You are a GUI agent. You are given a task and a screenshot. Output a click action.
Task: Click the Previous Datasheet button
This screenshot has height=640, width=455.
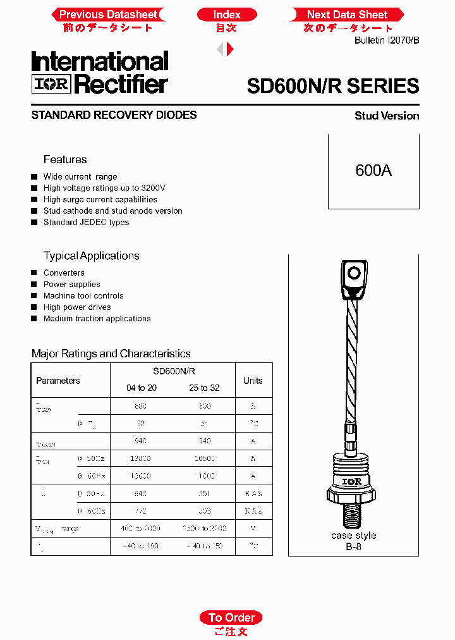coord(108,15)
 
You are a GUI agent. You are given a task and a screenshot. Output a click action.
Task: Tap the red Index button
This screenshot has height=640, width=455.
coord(227,15)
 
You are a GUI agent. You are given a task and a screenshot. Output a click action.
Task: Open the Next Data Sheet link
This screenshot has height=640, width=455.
coord(347,15)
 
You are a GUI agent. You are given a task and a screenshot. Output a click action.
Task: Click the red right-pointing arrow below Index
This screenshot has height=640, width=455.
coord(231,49)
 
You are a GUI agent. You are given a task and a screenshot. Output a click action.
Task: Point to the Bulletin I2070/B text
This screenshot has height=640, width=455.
coord(387,40)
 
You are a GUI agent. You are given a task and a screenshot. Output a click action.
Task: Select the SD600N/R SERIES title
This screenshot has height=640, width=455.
coord(332,86)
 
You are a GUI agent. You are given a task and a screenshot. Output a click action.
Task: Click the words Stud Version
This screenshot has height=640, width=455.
coord(387,116)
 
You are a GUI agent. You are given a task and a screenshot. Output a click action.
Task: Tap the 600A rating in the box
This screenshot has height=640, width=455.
coord(373,171)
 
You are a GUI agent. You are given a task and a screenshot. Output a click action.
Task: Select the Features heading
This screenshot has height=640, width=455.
coord(65,159)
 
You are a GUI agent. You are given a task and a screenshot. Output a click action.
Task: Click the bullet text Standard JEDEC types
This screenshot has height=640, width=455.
coord(86,223)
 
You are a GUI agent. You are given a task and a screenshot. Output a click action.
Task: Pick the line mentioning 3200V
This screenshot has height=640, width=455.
coord(104,188)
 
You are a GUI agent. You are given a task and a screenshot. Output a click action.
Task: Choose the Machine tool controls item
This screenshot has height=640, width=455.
coord(83,296)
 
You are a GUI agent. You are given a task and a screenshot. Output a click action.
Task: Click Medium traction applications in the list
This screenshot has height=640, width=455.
coord(97,319)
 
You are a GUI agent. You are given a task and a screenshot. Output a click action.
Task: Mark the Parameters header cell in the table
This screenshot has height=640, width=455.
coord(58,381)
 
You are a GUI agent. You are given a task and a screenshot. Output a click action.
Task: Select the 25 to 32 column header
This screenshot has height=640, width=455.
coord(204,388)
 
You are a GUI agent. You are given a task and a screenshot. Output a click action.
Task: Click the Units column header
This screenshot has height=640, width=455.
coord(253,381)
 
